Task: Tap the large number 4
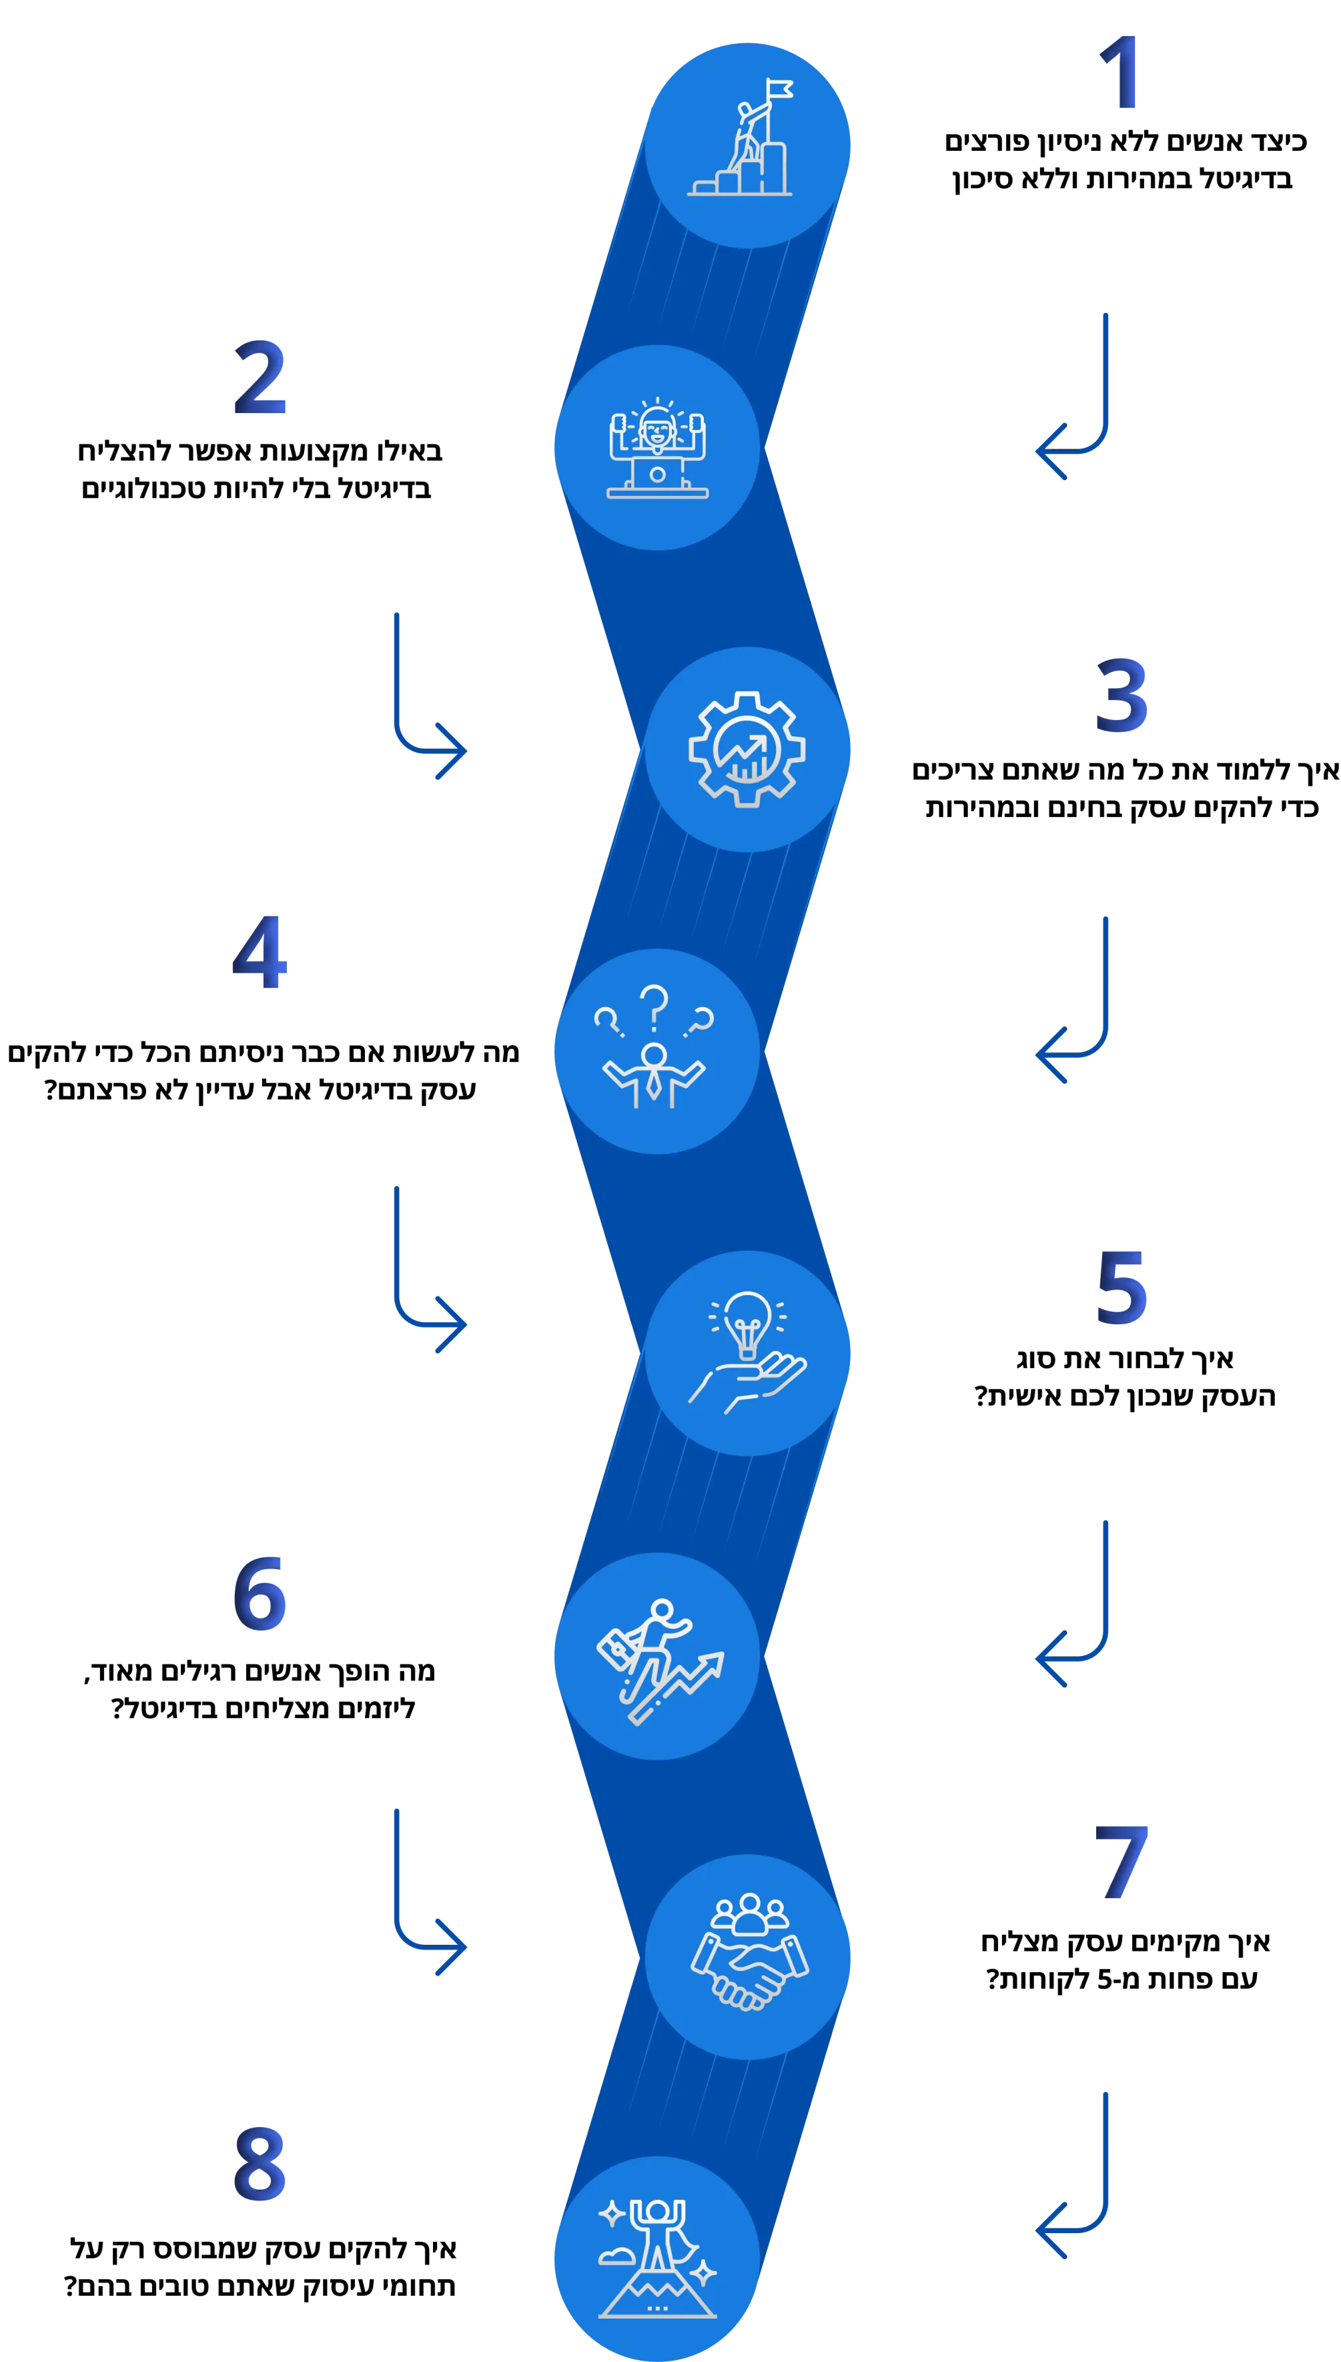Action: click(260, 952)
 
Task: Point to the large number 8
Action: click(260, 2163)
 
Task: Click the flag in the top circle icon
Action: click(779, 89)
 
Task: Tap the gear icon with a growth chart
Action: click(747, 749)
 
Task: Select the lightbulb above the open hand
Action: click(747, 1323)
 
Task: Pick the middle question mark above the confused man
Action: click(654, 1007)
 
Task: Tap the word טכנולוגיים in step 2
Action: click(143, 489)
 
